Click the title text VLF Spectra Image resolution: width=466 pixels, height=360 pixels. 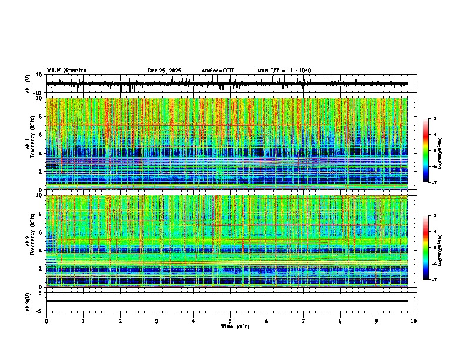pyautogui.click(x=66, y=71)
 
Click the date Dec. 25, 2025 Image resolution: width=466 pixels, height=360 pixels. pyautogui.click(x=164, y=71)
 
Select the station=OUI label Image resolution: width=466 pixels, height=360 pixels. pyautogui.click(x=218, y=71)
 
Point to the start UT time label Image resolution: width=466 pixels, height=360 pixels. pyautogui.click(x=284, y=71)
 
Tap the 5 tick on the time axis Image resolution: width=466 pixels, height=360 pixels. pyautogui.click(x=231, y=321)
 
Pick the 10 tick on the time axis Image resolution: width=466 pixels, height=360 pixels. pyautogui.click(x=414, y=321)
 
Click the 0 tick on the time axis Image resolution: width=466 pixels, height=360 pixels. pyautogui.click(x=46, y=321)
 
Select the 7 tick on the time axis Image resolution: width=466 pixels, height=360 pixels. pyautogui.click(x=304, y=321)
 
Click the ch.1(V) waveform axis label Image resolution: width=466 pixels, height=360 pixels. pyautogui.click(x=28, y=84)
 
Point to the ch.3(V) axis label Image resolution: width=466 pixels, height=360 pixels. pyautogui.click(x=28, y=301)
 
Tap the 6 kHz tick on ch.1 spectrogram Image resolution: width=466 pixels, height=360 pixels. pyautogui.click(x=42, y=135)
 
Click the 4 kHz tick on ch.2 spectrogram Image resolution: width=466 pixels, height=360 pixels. pyautogui.click(x=42, y=251)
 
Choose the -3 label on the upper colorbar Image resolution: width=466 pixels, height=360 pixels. pyautogui.click(x=434, y=119)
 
